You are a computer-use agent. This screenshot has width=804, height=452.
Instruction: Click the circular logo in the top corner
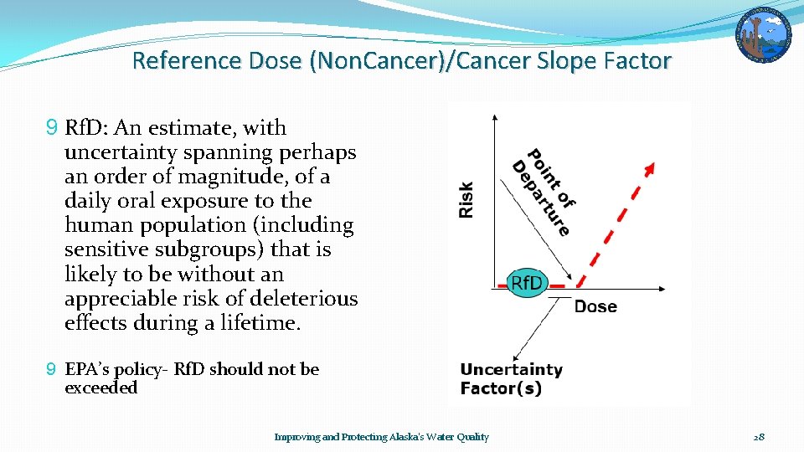(x=763, y=35)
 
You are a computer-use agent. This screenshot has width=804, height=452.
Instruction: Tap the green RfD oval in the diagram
(x=527, y=283)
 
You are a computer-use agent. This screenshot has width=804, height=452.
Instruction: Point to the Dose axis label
(x=595, y=306)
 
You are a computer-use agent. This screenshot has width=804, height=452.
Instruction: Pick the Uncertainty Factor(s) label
(x=511, y=378)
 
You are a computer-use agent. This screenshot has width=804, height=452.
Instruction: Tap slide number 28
(x=759, y=437)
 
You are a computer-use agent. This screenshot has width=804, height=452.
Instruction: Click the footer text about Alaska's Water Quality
(x=382, y=437)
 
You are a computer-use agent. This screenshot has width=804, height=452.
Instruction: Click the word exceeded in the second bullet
(x=100, y=388)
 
